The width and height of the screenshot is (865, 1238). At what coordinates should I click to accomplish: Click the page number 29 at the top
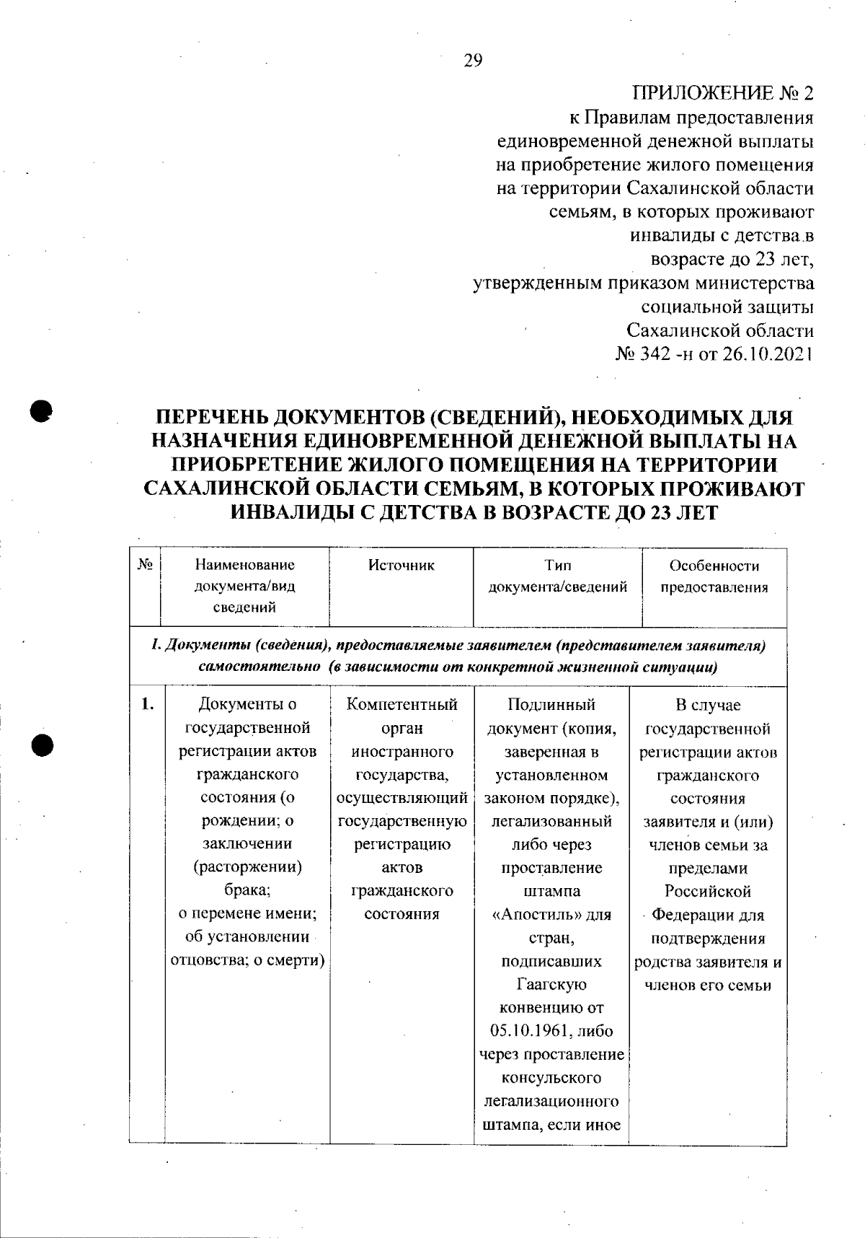(473, 61)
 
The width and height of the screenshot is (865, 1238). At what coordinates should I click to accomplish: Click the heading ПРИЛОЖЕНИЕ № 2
(723, 94)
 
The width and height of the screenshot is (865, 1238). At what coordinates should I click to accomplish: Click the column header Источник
(402, 566)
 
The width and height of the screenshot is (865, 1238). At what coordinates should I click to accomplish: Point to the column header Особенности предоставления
(714, 576)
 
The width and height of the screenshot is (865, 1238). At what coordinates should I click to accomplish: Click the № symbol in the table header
(144, 566)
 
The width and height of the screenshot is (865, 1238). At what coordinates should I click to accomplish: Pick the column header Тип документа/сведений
(557, 576)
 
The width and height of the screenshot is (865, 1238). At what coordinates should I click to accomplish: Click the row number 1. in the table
(147, 705)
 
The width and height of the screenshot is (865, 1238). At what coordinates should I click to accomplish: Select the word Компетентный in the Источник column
(402, 705)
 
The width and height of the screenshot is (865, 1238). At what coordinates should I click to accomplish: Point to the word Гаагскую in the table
(551, 985)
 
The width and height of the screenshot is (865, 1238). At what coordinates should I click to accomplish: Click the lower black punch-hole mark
(41, 745)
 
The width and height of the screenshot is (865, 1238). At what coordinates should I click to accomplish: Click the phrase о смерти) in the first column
(293, 961)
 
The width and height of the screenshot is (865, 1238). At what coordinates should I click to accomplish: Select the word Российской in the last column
(707, 892)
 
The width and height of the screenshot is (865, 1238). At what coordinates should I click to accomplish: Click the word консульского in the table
(551, 1078)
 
